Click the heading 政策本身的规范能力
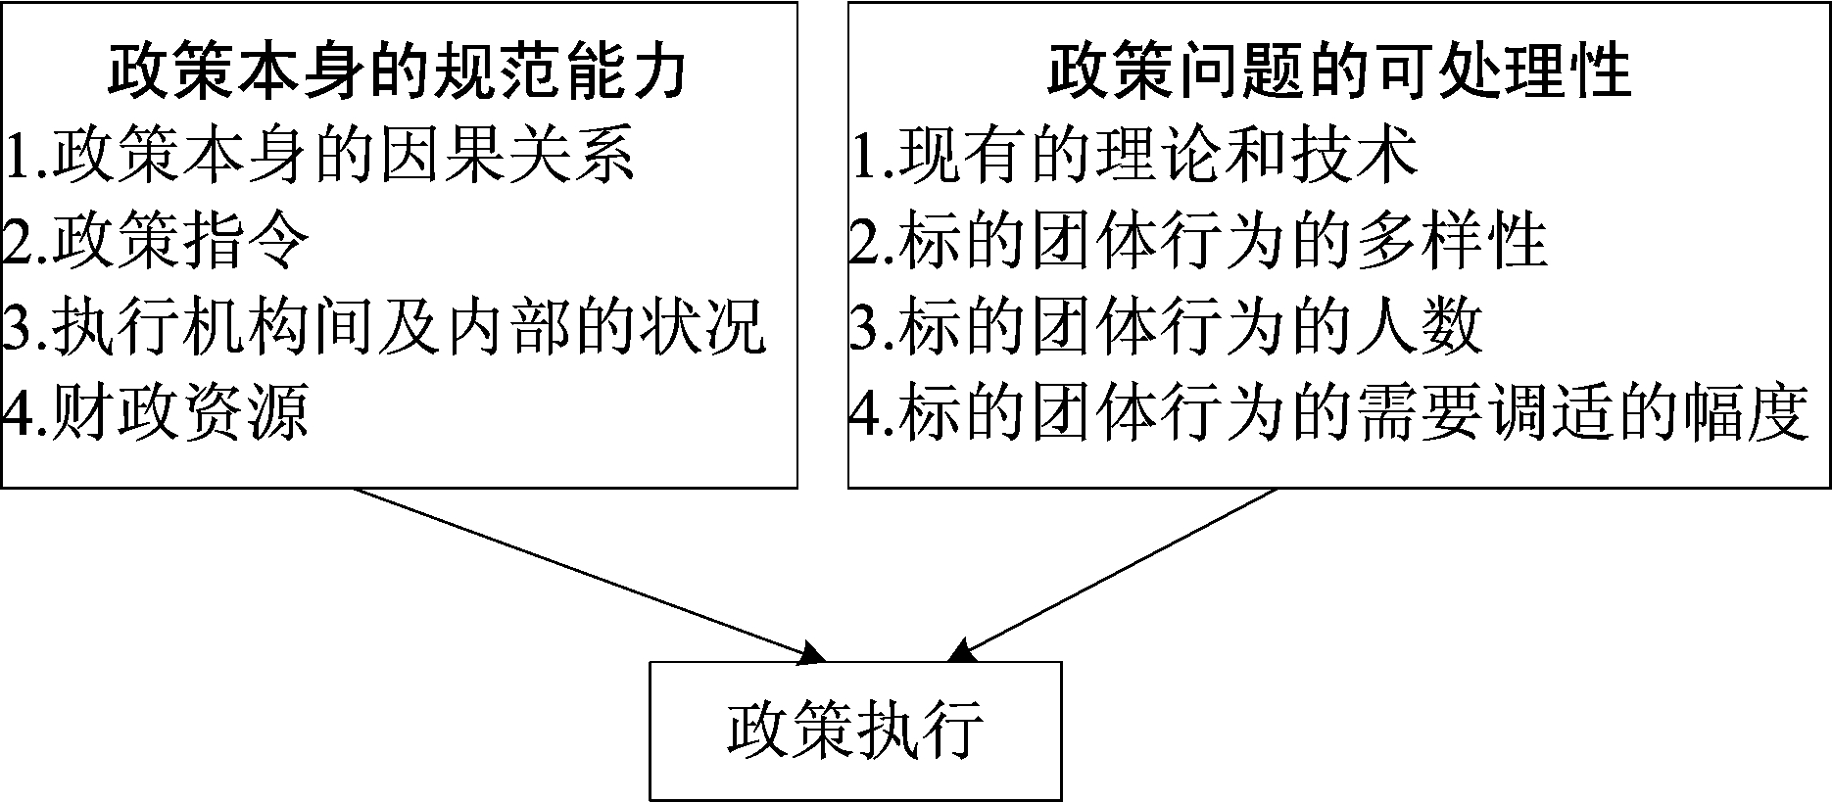click(x=397, y=70)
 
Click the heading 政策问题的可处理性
click(x=1338, y=70)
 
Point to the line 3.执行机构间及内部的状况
click(x=382, y=326)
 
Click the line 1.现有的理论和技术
click(x=1133, y=155)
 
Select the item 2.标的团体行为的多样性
click(x=1197, y=241)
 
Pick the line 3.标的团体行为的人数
click(x=1166, y=326)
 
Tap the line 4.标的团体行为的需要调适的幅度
click(x=1327, y=411)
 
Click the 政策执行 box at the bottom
click(x=855, y=731)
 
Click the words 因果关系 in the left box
click(x=507, y=155)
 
